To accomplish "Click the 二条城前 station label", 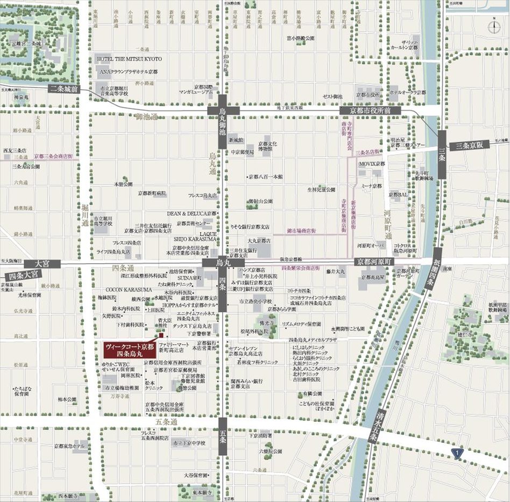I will tap(64, 90).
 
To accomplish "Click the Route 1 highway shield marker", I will tap(457, 453).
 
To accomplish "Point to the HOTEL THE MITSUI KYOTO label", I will tap(129, 58).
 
